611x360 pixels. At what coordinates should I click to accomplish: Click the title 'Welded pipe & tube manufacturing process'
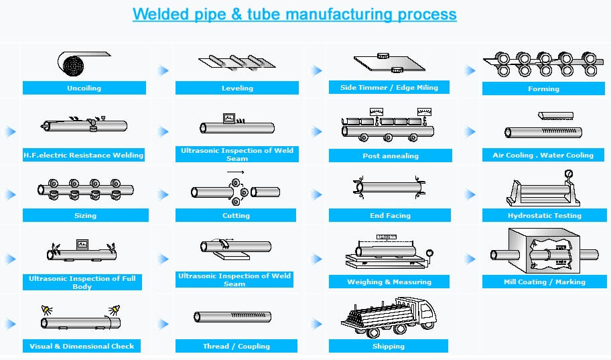(294, 14)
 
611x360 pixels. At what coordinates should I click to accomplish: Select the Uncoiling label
(84, 88)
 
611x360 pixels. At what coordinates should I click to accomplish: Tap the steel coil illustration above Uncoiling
(72, 64)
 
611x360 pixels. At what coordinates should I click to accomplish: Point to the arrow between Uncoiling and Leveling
(163, 70)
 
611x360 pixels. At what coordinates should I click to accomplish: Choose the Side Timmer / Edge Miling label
(389, 87)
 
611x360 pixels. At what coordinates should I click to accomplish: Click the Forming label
(543, 88)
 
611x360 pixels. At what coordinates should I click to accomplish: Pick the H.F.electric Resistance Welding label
(84, 155)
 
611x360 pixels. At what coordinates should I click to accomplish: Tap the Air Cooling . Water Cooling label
(543, 155)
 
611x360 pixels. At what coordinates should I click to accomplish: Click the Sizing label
(85, 215)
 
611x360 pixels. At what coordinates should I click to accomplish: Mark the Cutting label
(236, 215)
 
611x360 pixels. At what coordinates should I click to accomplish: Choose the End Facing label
(390, 215)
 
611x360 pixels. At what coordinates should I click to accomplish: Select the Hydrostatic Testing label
(544, 215)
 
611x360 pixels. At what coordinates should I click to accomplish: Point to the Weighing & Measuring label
(389, 282)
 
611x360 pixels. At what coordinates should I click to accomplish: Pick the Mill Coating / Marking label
(544, 282)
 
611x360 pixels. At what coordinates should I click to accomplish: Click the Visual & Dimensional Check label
(82, 346)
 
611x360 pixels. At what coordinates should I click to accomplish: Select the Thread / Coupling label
(236, 346)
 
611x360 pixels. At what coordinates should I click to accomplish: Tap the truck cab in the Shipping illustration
(423, 312)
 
